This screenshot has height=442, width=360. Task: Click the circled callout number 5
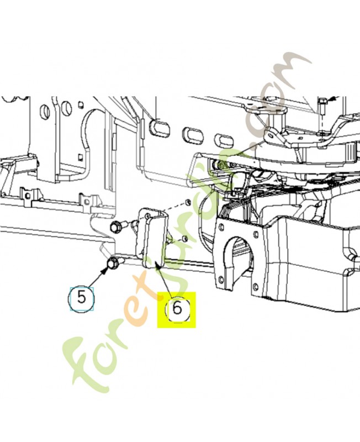81,298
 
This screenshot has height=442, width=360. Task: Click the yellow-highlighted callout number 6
177,309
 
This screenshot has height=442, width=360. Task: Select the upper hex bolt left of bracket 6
116,226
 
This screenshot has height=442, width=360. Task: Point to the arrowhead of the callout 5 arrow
105,271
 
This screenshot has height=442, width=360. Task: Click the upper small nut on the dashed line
187,202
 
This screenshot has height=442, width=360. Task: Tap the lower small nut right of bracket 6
185,239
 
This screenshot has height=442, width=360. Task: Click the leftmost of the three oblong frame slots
160,128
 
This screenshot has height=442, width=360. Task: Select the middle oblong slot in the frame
192,134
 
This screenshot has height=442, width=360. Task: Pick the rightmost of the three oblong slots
224,140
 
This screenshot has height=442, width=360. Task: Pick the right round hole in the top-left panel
66,107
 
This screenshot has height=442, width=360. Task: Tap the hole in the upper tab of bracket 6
147,215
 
